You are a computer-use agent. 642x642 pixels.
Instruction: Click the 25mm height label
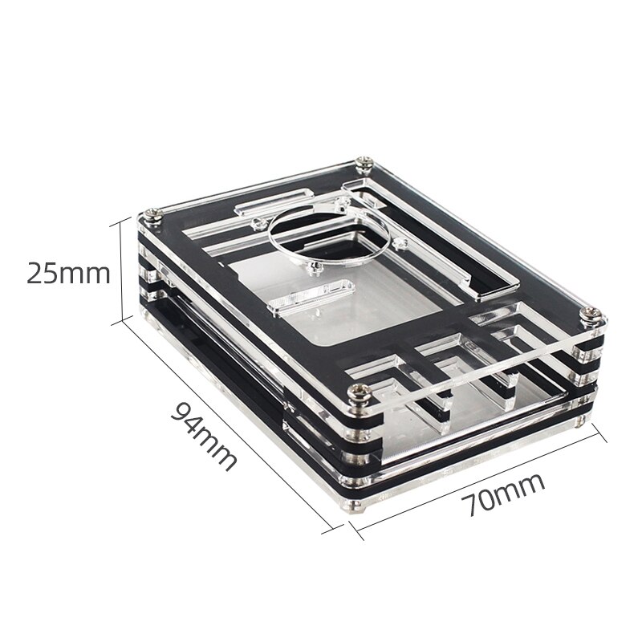[x=67, y=274]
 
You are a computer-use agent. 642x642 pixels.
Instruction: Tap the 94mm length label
[x=205, y=437]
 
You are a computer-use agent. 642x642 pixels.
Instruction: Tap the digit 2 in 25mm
[x=36, y=274]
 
